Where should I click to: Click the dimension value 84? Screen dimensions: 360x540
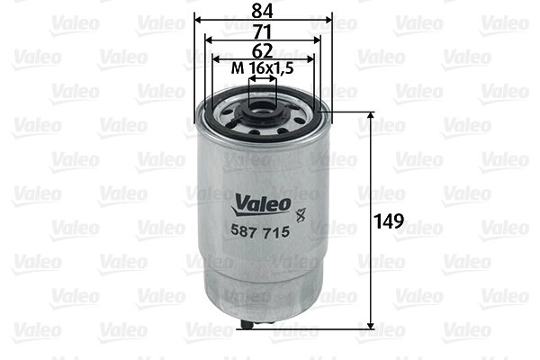point(264,12)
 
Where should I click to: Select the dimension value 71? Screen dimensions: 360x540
point(263,31)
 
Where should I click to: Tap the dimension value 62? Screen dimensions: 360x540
point(263,51)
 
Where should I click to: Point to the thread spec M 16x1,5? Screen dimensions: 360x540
point(263,69)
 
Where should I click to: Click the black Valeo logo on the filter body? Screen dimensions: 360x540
point(263,203)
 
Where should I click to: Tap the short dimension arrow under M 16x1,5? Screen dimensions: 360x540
point(263,80)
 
